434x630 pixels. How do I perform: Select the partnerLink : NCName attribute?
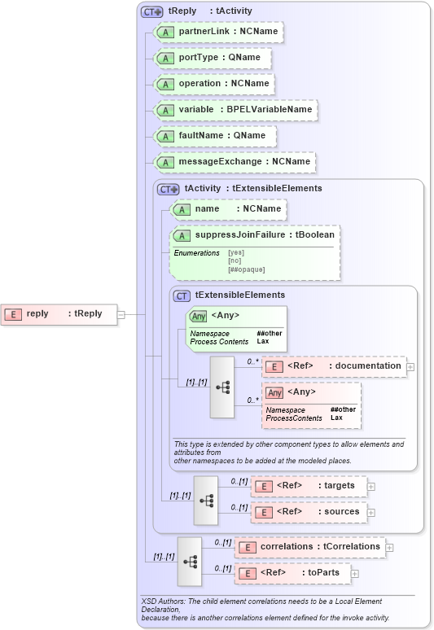point(218,32)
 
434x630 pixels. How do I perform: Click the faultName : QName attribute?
point(215,135)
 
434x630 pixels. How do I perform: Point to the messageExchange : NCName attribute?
point(235,161)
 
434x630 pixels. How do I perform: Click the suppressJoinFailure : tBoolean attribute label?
point(264,235)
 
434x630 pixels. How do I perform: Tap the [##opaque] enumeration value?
point(246,269)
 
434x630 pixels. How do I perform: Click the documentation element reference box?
point(334,366)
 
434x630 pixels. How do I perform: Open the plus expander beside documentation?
point(410,367)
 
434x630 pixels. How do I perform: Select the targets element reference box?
point(309,486)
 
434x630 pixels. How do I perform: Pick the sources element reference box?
point(309,512)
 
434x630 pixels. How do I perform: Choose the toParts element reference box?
point(292,573)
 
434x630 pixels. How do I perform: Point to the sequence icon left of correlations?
point(190,561)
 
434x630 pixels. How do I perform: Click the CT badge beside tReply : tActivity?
point(152,11)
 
